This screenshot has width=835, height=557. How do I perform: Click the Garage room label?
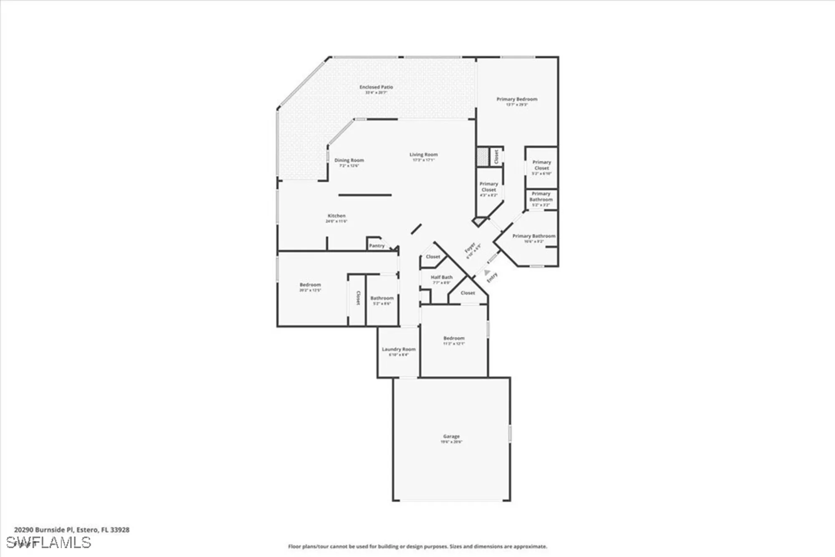click(x=451, y=437)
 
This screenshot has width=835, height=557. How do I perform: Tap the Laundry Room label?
click(x=399, y=349)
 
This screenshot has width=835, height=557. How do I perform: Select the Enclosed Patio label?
click(x=376, y=87)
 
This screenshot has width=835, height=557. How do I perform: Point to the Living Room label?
click(x=423, y=155)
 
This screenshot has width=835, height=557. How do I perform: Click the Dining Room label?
click(x=349, y=160)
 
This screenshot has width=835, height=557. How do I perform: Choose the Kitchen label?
click(x=337, y=216)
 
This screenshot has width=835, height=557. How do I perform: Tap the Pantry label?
click(x=377, y=246)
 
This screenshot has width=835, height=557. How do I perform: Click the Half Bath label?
click(x=441, y=277)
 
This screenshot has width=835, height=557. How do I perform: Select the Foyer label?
click(x=470, y=248)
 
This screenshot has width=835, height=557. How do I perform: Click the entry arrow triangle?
click(x=487, y=272)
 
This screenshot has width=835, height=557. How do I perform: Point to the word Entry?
click(x=492, y=277)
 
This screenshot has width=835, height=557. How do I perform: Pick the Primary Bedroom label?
click(x=517, y=99)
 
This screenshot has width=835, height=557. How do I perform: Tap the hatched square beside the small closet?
click(x=483, y=157)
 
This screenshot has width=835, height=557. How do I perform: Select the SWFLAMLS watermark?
click(x=48, y=542)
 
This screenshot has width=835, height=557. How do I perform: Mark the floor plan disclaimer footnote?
click(x=417, y=546)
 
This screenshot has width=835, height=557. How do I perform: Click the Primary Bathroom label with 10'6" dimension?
click(x=534, y=237)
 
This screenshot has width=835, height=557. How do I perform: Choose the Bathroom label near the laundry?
click(x=382, y=298)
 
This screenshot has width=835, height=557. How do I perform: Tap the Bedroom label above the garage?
click(x=454, y=338)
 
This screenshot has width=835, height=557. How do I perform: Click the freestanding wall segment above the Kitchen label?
click(x=365, y=195)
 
